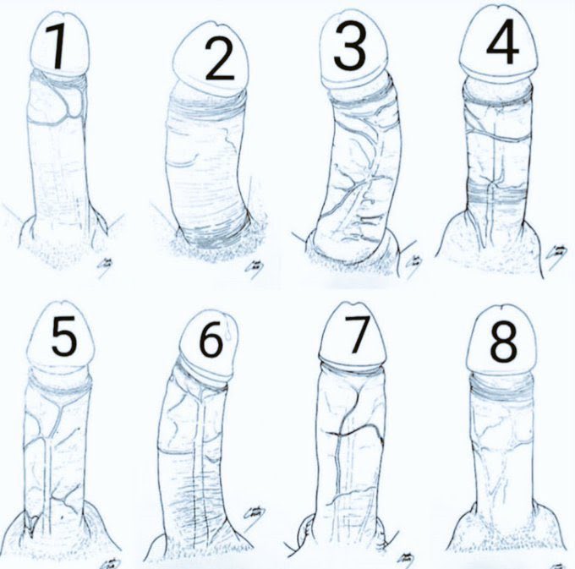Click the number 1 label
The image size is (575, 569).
tap(57, 48)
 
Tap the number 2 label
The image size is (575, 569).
tap(219, 59)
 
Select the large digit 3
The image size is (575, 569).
tap(350, 48)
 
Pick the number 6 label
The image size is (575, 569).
tap(211, 339)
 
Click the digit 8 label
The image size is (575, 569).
tap(503, 342)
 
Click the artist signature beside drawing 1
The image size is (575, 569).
tap(106, 266)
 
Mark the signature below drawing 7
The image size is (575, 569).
tap(407, 561)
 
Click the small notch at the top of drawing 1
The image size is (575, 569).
tap(63, 15)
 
